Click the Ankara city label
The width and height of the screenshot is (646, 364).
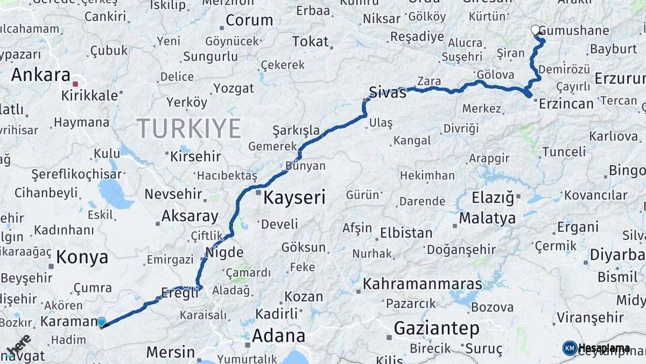(x=40, y=75)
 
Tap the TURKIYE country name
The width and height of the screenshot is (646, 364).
(x=189, y=128)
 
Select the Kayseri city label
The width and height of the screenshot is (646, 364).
(x=294, y=198)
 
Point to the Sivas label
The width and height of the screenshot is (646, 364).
(x=388, y=93)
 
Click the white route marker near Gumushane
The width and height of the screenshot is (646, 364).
(x=536, y=30)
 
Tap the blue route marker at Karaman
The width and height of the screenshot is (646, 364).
(x=102, y=322)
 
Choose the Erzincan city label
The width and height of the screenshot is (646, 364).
(x=565, y=104)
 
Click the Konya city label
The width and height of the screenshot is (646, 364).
(x=82, y=257)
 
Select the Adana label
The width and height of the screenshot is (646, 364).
(x=278, y=336)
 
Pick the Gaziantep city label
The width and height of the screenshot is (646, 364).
(x=436, y=329)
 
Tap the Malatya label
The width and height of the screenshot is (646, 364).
(x=487, y=218)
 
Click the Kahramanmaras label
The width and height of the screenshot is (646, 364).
(x=422, y=284)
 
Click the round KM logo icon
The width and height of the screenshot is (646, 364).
(x=569, y=348)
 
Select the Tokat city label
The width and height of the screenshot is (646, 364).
(x=311, y=42)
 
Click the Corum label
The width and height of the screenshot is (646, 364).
(x=249, y=20)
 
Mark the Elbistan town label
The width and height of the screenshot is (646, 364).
(x=406, y=233)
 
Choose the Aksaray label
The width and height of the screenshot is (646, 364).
(x=190, y=217)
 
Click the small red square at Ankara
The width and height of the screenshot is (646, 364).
(x=75, y=84)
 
